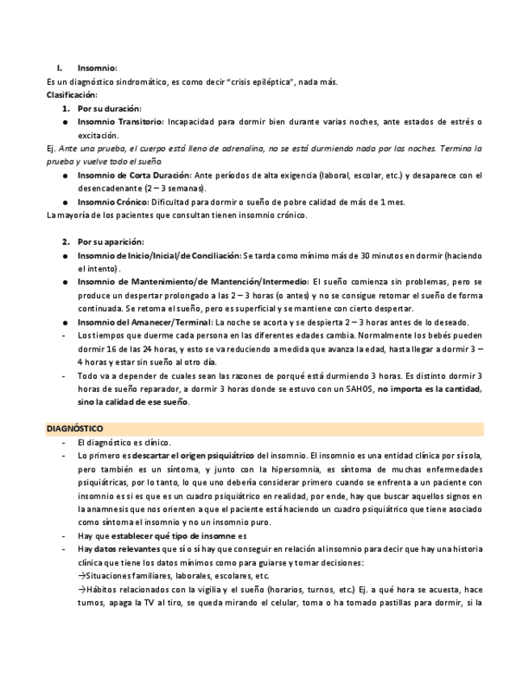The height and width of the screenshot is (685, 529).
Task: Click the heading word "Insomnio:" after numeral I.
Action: click(x=98, y=68)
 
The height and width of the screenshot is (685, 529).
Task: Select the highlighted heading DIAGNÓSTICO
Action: click(x=74, y=427)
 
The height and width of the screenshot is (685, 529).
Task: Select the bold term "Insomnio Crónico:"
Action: click(x=111, y=202)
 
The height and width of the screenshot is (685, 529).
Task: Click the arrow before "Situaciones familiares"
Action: click(x=82, y=576)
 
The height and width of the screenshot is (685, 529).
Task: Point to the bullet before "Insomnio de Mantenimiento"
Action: click(x=65, y=282)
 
